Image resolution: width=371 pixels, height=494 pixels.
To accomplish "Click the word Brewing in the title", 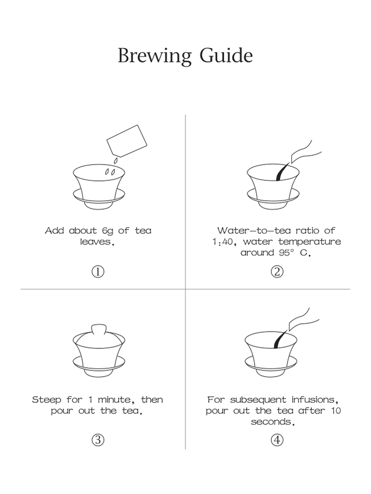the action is coord(155,56).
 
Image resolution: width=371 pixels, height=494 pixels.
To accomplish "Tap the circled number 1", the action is coord(98,271).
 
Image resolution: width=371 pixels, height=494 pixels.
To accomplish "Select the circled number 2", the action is coord(277,271).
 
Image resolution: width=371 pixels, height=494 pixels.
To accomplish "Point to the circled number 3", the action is coord(98,440).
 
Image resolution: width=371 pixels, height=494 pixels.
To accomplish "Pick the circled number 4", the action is coord(277,440).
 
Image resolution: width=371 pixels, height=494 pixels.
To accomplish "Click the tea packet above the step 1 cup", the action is coord(127,141).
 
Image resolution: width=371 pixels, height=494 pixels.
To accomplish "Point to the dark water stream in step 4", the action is coord(281,339).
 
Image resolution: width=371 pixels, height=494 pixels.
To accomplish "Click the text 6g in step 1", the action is coord(107,231).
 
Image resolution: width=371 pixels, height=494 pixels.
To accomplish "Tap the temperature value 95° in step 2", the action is coord(287,253).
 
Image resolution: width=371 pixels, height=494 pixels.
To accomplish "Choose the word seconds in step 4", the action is coord(272,422).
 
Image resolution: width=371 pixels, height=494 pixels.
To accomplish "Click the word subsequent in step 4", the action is coord(258,400).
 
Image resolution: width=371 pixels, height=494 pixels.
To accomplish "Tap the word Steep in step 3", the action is coord(46,400).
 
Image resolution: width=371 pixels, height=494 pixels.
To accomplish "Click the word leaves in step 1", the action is coord(96,242).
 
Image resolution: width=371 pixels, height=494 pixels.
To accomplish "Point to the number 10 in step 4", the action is coord(336,411).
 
